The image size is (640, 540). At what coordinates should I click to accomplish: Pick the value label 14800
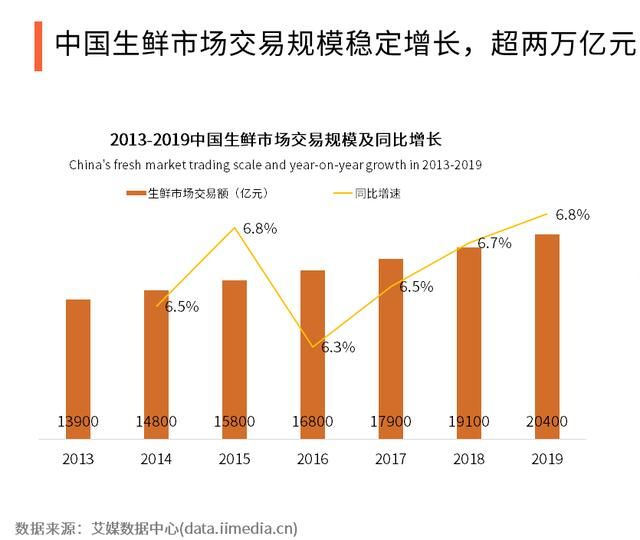click(x=156, y=421)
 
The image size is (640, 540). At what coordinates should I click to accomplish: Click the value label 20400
click(x=546, y=421)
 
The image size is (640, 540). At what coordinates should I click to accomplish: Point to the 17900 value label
click(x=390, y=421)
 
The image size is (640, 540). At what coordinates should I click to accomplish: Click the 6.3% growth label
click(x=338, y=347)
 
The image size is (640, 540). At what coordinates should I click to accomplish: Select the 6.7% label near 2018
click(x=494, y=243)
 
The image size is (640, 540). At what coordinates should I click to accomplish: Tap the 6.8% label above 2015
click(x=260, y=228)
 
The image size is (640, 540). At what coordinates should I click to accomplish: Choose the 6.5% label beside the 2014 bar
click(x=182, y=307)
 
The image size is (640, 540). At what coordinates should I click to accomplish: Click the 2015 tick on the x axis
click(x=234, y=459)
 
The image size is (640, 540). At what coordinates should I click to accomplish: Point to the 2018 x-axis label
click(x=468, y=459)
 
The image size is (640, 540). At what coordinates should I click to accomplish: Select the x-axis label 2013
click(x=78, y=459)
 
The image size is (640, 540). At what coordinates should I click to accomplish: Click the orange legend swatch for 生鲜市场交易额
click(x=136, y=193)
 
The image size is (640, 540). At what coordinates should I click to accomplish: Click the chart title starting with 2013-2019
click(x=276, y=140)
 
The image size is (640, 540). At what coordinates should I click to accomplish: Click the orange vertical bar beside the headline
click(x=38, y=45)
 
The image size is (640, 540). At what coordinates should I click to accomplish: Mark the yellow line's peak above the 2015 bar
click(x=235, y=228)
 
